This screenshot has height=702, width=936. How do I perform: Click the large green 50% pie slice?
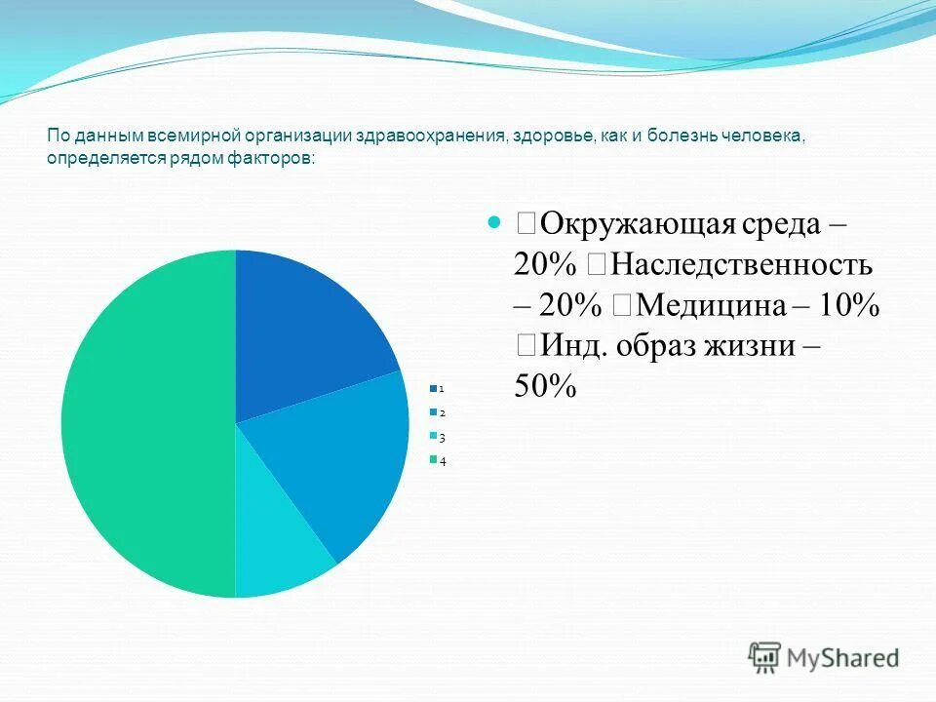146,424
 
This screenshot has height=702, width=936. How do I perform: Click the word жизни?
762,347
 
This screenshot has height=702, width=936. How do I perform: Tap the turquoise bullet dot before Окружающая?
492,222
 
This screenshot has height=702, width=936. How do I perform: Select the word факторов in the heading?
273,160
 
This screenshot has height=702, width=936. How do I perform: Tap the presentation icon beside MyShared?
765,657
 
